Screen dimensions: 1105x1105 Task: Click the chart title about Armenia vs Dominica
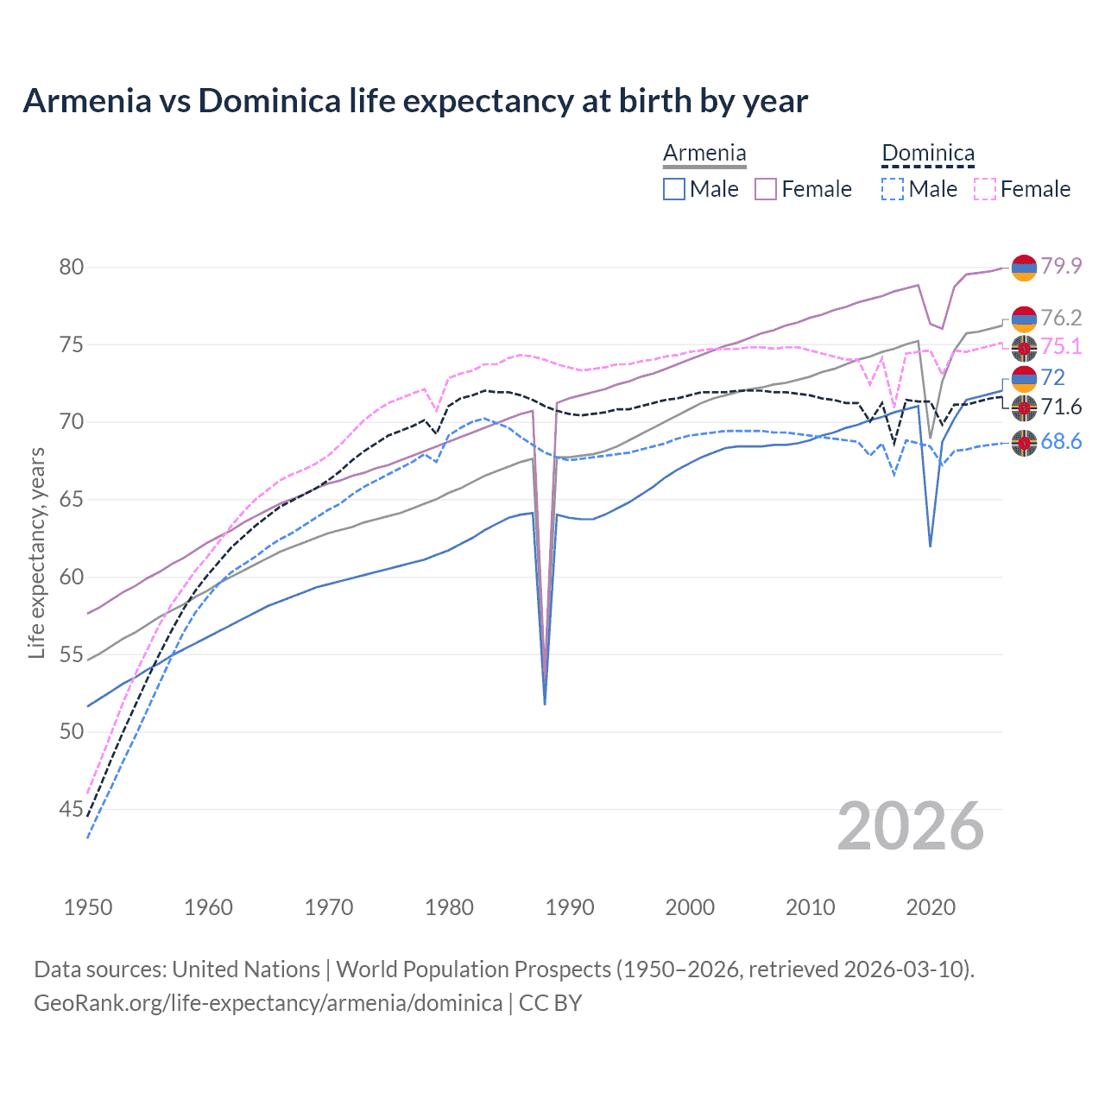coord(415,101)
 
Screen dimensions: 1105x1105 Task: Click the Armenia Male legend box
coord(674,189)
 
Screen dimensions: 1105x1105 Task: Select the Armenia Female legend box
coord(766,189)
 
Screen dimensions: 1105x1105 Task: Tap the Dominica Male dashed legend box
coord(893,189)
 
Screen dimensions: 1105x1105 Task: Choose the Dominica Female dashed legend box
coord(985,189)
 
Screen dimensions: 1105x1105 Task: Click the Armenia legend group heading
coord(704,154)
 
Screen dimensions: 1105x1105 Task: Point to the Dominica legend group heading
coord(928,154)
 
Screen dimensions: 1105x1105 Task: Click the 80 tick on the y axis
coord(72,267)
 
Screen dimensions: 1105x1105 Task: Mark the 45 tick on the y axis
coord(72,809)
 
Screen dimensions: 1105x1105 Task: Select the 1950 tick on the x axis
coord(88,907)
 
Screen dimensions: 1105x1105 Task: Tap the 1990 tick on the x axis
coord(570,907)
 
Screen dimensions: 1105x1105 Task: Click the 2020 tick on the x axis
coord(931,907)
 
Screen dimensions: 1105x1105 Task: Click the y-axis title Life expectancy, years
coord(36,552)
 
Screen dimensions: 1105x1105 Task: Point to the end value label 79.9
coord(1061,266)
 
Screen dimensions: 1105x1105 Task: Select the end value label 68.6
coord(1061,442)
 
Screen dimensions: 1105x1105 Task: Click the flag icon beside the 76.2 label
coord(1024,319)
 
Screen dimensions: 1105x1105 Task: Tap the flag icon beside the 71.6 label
coord(1024,407)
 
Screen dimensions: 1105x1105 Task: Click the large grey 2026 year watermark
coord(911,826)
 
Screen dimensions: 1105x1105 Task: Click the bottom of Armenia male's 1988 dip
coord(545,704)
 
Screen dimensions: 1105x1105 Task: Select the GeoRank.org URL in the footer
coord(268,1003)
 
